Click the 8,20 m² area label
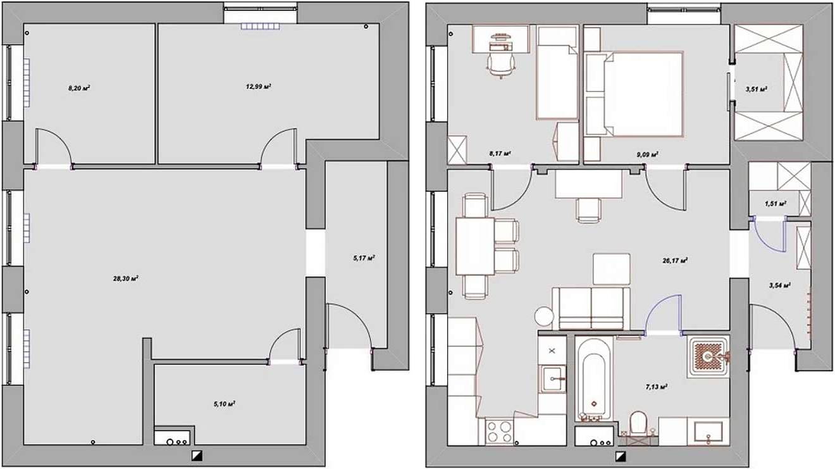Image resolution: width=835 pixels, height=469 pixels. (x=79, y=89)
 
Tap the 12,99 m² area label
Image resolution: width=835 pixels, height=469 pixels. (x=258, y=87)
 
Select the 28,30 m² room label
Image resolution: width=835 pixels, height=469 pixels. (x=126, y=278)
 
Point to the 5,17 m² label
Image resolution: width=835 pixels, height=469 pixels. (x=364, y=258)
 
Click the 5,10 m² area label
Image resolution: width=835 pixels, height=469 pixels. (x=224, y=404)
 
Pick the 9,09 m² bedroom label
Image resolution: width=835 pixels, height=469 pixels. (x=647, y=154)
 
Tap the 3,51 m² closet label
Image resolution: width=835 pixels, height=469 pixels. (x=756, y=89)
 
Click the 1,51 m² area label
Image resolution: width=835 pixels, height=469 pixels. (x=776, y=204)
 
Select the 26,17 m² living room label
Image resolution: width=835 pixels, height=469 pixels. (x=675, y=261)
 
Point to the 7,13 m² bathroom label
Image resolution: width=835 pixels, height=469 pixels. (x=657, y=387)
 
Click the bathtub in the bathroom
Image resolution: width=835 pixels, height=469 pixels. (x=594, y=378)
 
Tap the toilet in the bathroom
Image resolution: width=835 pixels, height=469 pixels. (x=638, y=423)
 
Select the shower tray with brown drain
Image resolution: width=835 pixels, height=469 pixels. (x=708, y=357)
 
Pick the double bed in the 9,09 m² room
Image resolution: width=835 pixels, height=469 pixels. (x=644, y=94)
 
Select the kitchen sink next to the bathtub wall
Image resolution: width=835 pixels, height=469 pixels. (x=552, y=378)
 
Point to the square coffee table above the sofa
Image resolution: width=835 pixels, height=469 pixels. (x=611, y=270)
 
